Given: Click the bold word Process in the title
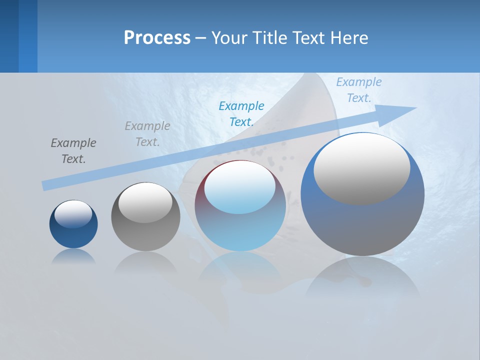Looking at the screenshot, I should point(157,38).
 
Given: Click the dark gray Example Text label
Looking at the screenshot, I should point(73,150).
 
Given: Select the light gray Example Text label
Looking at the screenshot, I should point(147,133).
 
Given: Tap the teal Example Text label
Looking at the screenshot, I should point(241,113).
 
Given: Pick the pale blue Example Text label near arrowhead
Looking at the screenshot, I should point(359,89).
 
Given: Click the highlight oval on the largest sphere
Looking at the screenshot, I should point(362,168).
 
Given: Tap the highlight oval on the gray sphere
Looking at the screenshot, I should point(145,202).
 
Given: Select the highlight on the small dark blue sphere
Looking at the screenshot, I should point(73,213).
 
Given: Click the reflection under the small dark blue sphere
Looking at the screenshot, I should point(73,256).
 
